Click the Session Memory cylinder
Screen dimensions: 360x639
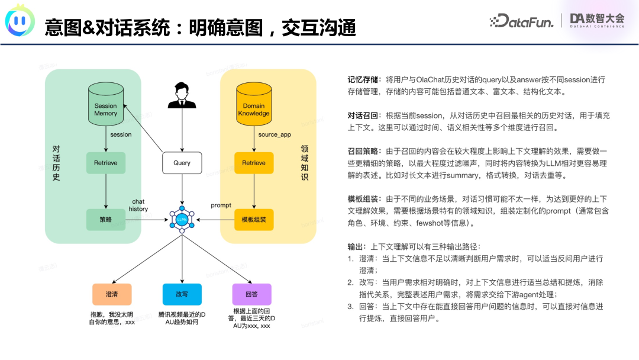click(106, 107)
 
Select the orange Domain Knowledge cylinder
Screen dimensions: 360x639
click(254, 107)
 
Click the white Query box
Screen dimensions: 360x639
click(182, 163)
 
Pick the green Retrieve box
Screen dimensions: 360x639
click(106, 163)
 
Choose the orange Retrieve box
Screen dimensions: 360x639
click(254, 163)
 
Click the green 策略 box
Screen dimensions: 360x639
click(106, 219)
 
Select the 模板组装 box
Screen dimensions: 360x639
click(254, 219)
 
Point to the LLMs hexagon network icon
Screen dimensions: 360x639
click(182, 219)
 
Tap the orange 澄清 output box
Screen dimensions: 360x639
click(111, 294)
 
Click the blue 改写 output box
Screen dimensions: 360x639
click(182, 294)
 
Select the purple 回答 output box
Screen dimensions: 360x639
click(252, 294)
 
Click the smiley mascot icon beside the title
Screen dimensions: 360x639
click(20, 21)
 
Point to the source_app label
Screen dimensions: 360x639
click(275, 135)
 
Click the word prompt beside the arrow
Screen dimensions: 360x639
click(221, 205)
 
